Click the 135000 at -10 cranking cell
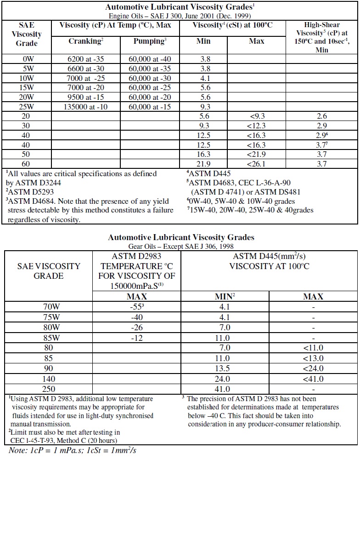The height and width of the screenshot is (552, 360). (x=86, y=107)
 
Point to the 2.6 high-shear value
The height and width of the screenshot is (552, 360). (x=322, y=116)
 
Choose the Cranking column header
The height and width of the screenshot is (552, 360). (x=86, y=42)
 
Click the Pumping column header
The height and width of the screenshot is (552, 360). (x=150, y=42)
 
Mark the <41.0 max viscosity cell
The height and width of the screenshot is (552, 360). (x=313, y=379)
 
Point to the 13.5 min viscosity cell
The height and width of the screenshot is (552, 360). (x=222, y=368)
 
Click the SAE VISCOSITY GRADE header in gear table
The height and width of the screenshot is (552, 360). (x=49, y=271)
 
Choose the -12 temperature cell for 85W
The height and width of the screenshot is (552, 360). (x=136, y=338)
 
